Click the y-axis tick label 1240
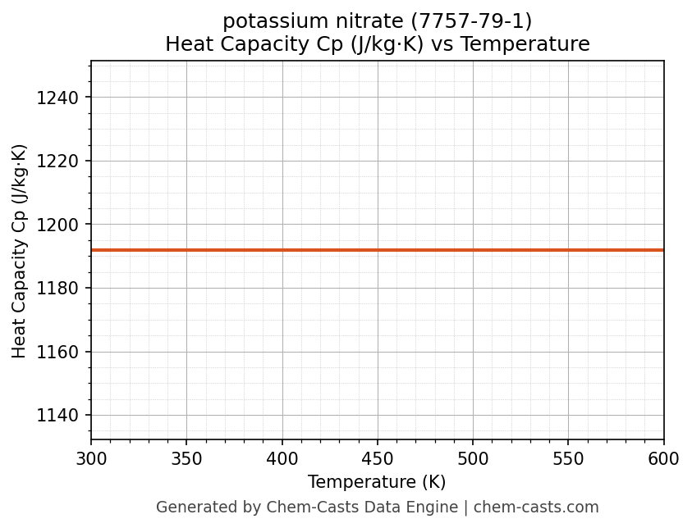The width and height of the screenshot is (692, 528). pyautogui.click(x=57, y=98)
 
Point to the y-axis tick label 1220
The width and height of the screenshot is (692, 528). pyautogui.click(x=57, y=162)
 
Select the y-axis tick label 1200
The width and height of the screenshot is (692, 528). pyautogui.click(x=57, y=225)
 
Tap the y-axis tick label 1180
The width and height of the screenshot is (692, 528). pyautogui.click(x=57, y=289)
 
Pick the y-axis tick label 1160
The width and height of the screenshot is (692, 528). pyautogui.click(x=57, y=353)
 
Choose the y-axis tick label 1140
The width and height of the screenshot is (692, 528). pyautogui.click(x=57, y=416)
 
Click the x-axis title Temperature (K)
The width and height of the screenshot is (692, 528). pyautogui.click(x=377, y=482)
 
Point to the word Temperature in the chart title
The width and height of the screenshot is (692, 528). pyautogui.click(x=523, y=44)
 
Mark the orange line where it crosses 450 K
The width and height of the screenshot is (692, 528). pyautogui.click(x=378, y=250)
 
